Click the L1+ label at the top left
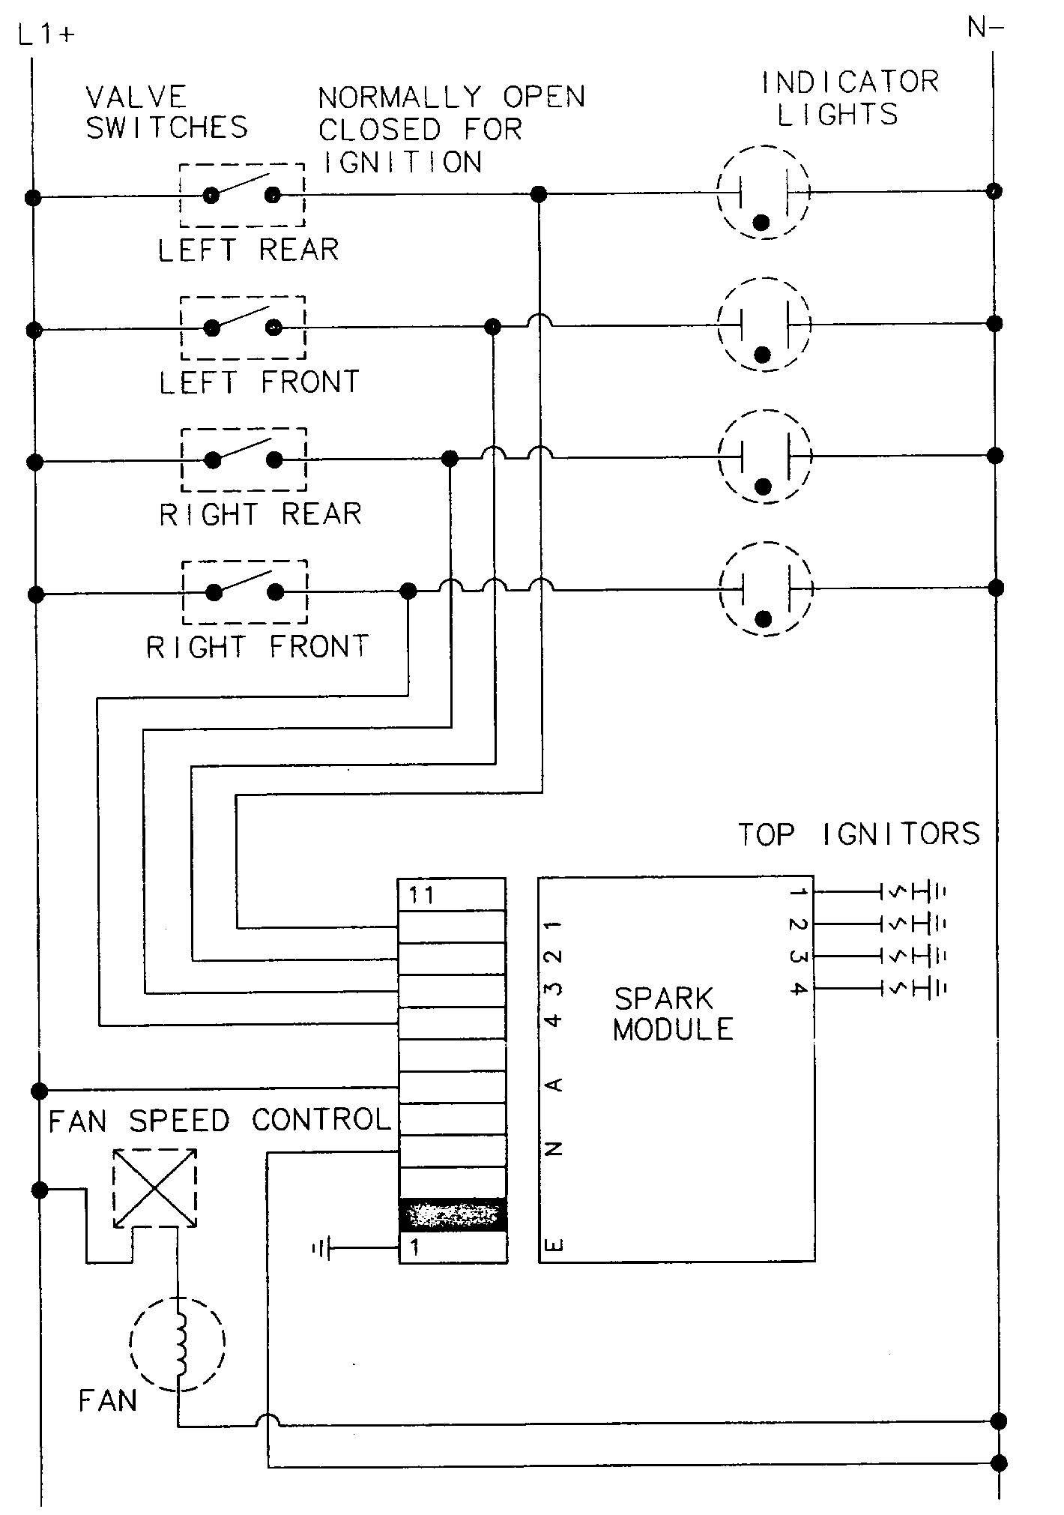[46, 34]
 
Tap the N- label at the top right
[985, 28]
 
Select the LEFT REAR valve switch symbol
[242, 195]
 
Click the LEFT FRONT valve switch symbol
[243, 328]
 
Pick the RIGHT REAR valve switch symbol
[244, 459]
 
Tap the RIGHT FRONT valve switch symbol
[245, 591]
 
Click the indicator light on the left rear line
[763, 193]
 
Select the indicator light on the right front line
[765, 589]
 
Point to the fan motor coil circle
[178, 1341]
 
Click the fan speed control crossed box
[154, 1188]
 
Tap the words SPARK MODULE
[672, 1014]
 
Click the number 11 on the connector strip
[422, 896]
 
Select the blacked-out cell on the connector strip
[452, 1215]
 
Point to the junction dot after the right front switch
[408, 591]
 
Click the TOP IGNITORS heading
[859, 834]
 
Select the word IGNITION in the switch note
[402, 163]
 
